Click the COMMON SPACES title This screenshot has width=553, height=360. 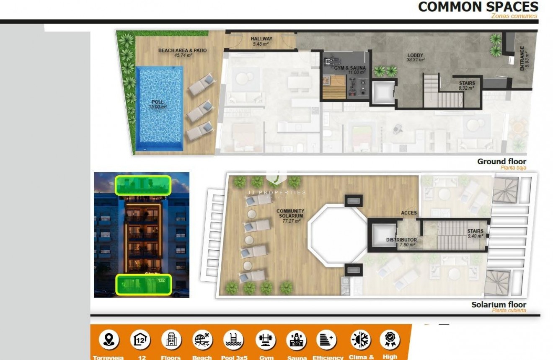click(478, 7)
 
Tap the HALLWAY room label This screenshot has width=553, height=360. click(261, 39)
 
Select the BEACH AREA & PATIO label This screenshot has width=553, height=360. click(182, 51)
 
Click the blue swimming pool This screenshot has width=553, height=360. click(160, 108)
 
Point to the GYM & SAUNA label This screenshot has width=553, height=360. click(350, 68)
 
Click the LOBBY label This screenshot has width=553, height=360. click(415, 55)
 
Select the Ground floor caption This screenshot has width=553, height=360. click(501, 162)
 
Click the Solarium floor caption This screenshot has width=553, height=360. click(499, 305)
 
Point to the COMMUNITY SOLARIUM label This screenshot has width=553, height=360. click(290, 214)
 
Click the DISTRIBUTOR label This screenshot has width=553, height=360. click(401, 240)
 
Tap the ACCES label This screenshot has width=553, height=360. click(408, 213)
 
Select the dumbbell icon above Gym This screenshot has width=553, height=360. click(266, 339)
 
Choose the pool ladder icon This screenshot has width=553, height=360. click(233, 339)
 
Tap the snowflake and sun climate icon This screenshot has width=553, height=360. click(360, 339)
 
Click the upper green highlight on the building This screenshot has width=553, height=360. click(143, 185)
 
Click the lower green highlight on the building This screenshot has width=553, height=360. click(143, 284)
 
